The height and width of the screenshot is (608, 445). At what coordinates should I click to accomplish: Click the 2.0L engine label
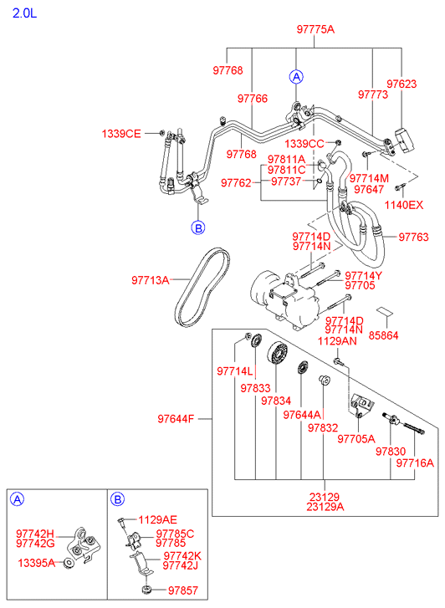[24, 13]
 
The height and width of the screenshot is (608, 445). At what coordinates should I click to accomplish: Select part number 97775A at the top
[315, 29]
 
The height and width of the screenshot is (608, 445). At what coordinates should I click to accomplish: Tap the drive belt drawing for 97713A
[202, 287]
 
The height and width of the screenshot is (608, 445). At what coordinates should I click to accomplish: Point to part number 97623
[402, 84]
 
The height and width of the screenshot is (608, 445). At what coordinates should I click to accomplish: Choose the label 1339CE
[121, 134]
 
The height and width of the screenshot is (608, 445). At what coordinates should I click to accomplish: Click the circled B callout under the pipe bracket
[198, 227]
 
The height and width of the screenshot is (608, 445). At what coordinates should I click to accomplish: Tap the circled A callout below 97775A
[296, 77]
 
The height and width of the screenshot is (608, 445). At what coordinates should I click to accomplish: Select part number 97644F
[176, 419]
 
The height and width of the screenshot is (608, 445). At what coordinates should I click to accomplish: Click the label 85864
[383, 335]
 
